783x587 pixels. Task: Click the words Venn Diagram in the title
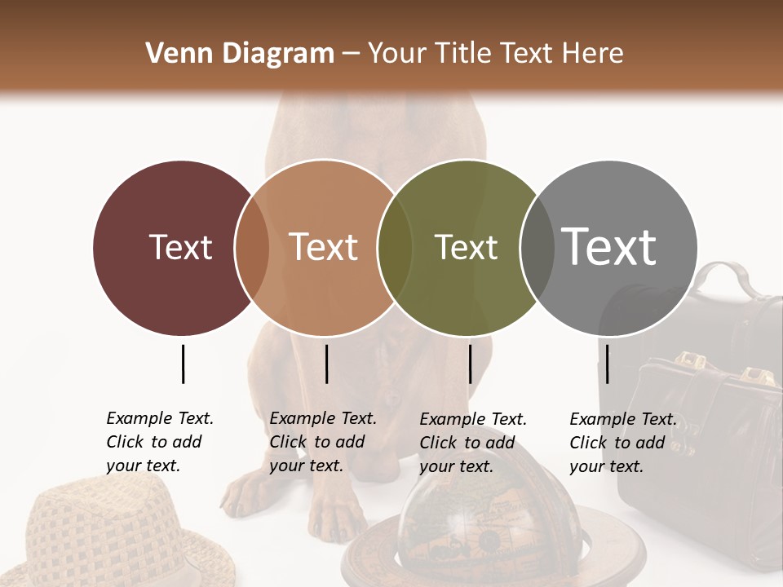coord(240,54)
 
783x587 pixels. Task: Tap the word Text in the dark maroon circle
coord(180,247)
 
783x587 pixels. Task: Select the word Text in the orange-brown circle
coord(324,247)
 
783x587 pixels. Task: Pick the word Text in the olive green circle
coord(466,247)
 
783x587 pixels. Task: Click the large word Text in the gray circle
coord(609,246)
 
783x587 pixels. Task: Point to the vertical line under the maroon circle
coord(183,364)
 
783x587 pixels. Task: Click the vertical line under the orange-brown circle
coord(326,364)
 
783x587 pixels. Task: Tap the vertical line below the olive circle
coord(470,364)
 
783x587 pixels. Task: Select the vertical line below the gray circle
coord(608,364)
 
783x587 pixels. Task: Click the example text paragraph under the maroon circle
coord(159,442)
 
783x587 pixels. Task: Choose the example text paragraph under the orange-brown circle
coord(322,442)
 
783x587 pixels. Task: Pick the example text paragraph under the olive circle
coord(472,443)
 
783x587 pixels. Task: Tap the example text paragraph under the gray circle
coord(622,443)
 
